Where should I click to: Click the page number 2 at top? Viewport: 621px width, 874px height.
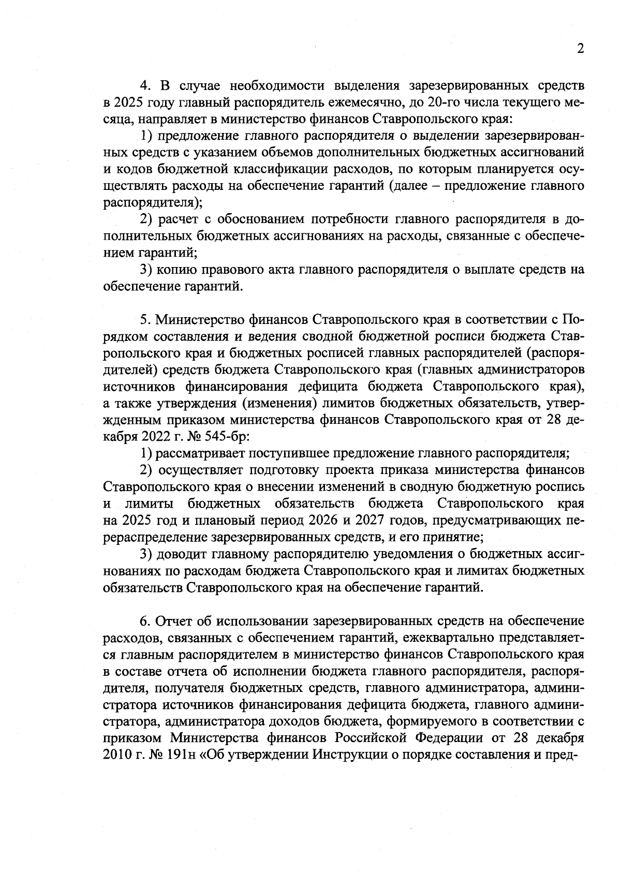pos(580,49)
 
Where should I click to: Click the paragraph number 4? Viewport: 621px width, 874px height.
pos(146,85)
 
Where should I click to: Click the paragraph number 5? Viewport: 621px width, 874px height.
pos(145,319)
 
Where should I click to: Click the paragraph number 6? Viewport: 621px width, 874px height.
pos(145,620)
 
